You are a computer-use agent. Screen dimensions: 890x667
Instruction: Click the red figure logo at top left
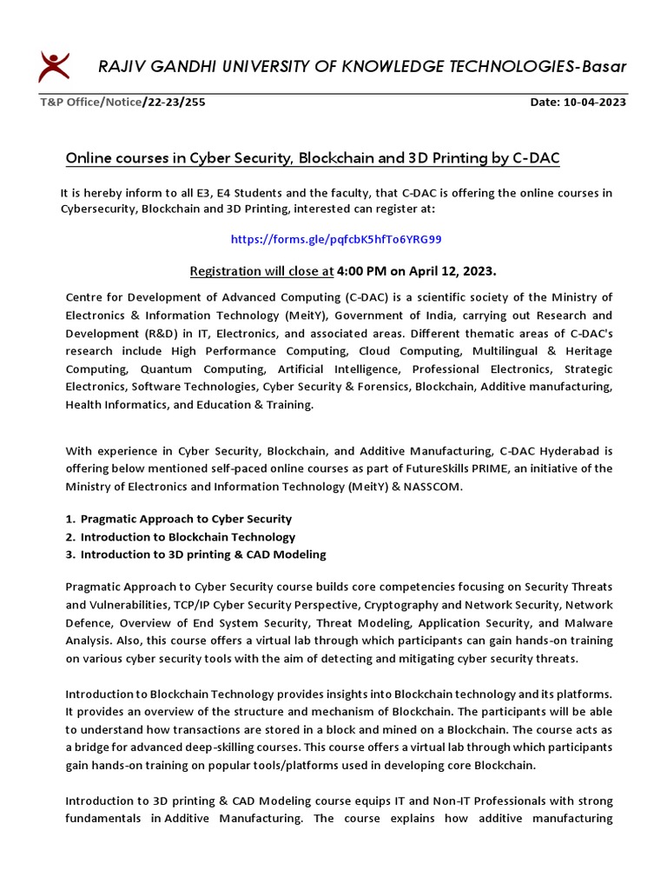click(55, 66)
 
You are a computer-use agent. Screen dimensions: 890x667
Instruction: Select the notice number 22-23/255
click(174, 102)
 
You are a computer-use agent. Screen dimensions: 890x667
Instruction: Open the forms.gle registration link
click(341, 238)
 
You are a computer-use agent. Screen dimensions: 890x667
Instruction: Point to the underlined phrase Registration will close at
click(261, 270)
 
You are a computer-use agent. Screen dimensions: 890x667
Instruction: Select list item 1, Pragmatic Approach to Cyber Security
click(186, 519)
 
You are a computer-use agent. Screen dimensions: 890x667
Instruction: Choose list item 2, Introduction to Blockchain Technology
click(188, 537)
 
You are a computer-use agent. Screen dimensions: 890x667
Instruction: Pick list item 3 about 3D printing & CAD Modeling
click(203, 555)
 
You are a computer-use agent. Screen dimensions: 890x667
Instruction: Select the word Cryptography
click(392, 605)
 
